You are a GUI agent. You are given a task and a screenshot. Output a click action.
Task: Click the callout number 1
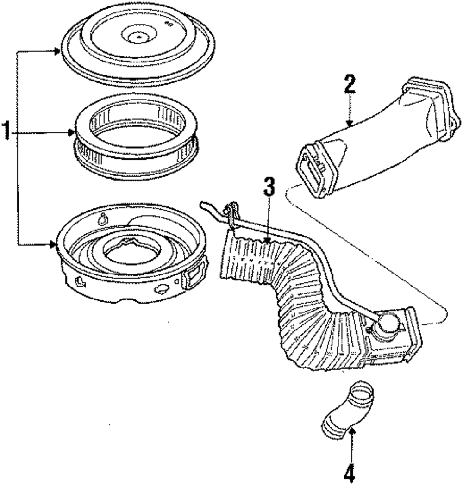coord(6,131)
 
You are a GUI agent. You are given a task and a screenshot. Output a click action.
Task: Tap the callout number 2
coord(350,85)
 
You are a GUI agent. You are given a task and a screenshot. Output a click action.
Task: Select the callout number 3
coord(269,187)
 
